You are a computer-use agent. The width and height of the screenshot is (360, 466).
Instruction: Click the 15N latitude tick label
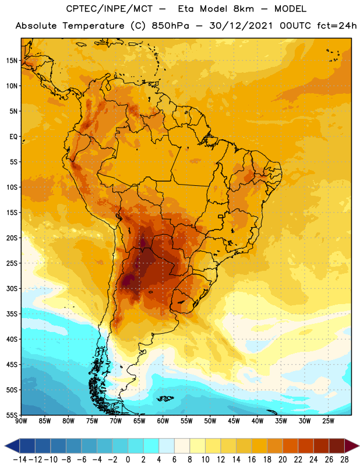coord(12,61)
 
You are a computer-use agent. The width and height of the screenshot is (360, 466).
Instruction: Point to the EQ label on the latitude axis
coord(13,137)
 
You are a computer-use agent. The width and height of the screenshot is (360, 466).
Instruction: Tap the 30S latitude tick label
coord(12,288)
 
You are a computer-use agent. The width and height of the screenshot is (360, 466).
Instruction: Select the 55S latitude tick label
coord(12,415)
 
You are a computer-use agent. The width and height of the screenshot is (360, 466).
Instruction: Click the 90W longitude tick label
coord(21,421)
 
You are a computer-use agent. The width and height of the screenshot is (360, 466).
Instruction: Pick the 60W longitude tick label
coord(163,421)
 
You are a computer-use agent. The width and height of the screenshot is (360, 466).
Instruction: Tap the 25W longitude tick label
coord(328,421)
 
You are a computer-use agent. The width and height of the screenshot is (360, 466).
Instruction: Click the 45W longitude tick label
coord(234,421)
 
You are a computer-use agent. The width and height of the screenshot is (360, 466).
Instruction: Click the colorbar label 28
coord(344,460)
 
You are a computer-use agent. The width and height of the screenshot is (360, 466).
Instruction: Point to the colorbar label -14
coord(20,460)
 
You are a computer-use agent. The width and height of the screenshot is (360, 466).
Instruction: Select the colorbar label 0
coord(128,460)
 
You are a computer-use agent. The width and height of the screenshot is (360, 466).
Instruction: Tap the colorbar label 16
coord(252,460)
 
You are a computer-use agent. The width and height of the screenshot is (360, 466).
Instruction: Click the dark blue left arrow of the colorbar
coord(12,446)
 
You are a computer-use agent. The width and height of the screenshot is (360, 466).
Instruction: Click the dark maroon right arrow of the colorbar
coord(352,446)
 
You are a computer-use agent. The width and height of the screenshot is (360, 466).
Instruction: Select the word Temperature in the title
coord(93,26)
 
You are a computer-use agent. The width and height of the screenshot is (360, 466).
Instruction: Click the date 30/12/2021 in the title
coord(241,26)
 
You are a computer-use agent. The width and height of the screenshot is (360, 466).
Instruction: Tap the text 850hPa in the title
coord(170,26)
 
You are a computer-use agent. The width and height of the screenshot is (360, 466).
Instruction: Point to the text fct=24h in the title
coord(337,26)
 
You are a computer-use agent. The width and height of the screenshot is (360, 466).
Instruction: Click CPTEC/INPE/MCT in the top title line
coord(110,9)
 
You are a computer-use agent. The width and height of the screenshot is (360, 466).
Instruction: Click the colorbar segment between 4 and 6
coord(167,446)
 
